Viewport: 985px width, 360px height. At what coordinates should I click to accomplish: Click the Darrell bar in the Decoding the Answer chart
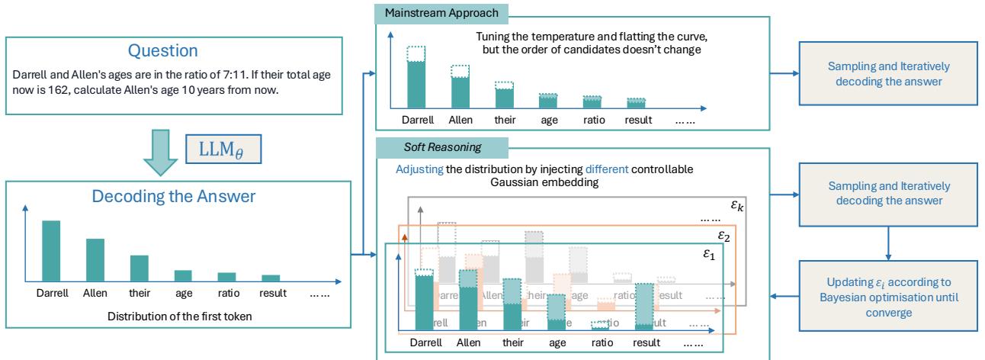click(52, 252)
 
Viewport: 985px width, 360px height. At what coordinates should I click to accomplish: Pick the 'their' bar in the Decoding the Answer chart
click(139, 268)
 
